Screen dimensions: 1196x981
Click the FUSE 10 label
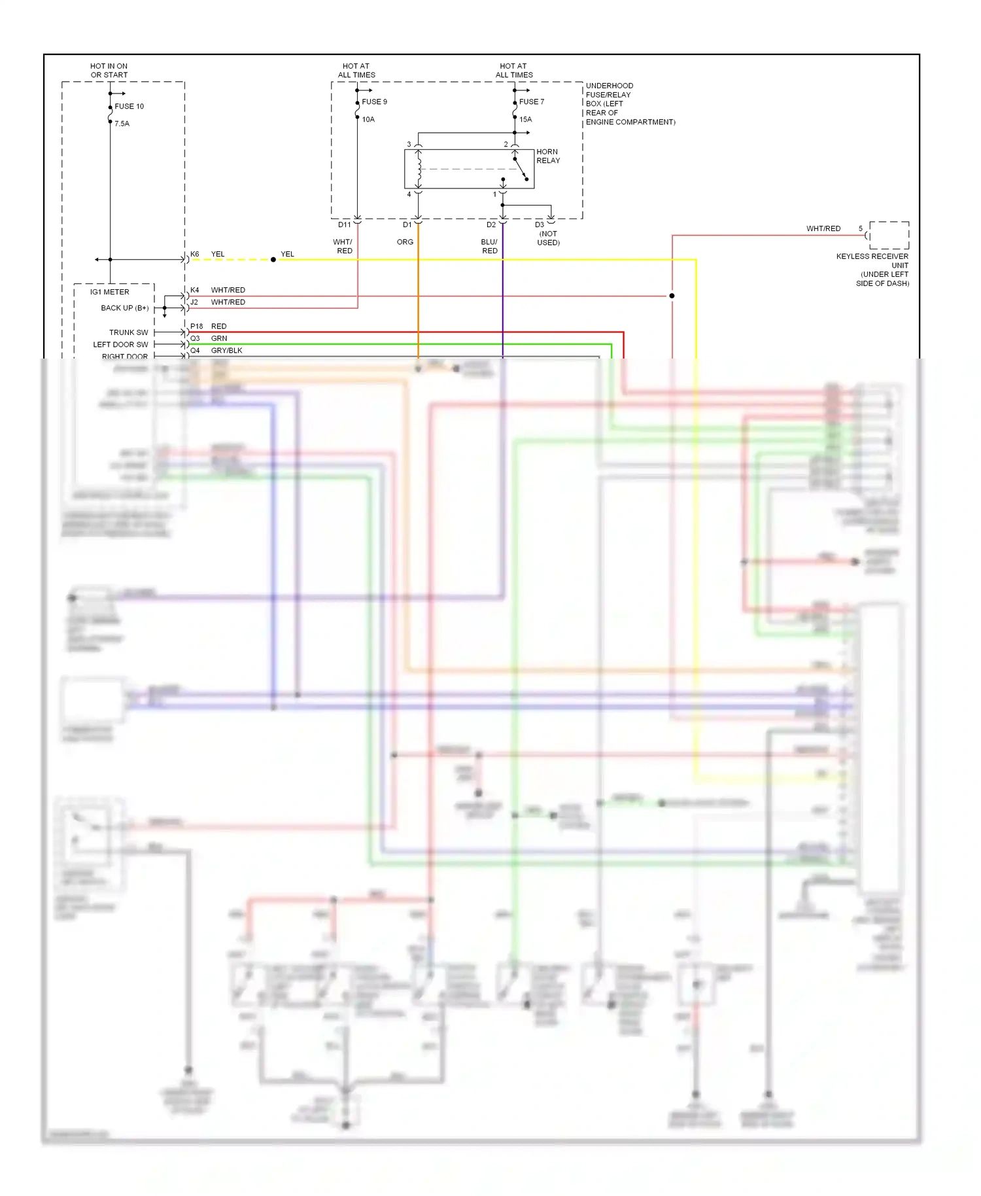[x=129, y=106]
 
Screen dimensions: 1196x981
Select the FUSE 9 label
[x=374, y=101]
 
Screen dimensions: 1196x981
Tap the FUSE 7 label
[x=531, y=101]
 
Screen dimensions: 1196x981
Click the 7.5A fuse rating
[x=122, y=124]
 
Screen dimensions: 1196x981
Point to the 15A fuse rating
[x=526, y=119]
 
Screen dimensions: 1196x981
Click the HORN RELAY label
[x=548, y=156]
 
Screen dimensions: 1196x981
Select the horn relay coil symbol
[x=419, y=169]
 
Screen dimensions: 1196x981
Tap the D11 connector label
[x=344, y=224]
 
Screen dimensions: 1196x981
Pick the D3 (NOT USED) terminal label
[x=547, y=234]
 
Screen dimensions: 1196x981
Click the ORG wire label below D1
[x=405, y=242]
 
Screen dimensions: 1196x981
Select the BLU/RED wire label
[x=489, y=246]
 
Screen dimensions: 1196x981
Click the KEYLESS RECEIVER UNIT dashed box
[x=888, y=235]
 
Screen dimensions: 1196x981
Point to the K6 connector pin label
[x=195, y=254]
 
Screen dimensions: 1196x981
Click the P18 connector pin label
[x=197, y=326]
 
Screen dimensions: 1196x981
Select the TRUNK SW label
[x=128, y=332]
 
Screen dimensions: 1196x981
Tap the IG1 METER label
[x=110, y=292]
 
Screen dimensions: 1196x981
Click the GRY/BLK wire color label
[x=226, y=351]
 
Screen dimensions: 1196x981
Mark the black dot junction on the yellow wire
[x=273, y=260]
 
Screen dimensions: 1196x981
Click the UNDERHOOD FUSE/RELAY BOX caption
[x=630, y=103]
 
